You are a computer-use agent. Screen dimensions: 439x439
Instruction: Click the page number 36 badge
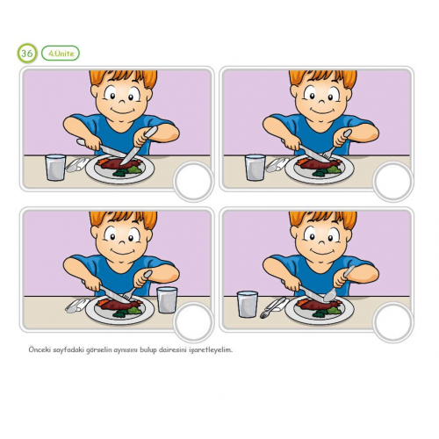[x=27, y=54]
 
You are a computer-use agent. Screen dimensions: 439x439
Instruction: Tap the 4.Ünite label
[x=61, y=54]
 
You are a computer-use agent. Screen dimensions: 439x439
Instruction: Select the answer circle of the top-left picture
[x=193, y=181]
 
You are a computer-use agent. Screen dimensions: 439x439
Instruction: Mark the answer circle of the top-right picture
[x=393, y=181]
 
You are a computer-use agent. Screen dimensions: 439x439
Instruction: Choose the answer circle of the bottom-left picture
[x=193, y=322]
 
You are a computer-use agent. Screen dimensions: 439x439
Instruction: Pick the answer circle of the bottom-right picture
[x=393, y=322]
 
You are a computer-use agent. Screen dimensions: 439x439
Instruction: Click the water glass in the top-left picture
[x=55, y=168]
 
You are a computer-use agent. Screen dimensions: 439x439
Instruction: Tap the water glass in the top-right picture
[x=255, y=168]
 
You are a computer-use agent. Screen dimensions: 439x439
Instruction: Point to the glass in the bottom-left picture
[x=167, y=299]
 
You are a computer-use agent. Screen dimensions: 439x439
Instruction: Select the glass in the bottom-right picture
[x=248, y=304]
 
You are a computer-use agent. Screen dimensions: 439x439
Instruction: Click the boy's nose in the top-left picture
[x=122, y=101]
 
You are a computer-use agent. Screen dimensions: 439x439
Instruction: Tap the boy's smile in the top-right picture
[x=322, y=112]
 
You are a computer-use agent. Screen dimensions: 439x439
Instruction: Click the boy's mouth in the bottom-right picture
[x=322, y=252]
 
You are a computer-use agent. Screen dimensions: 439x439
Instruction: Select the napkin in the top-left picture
[x=77, y=164]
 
